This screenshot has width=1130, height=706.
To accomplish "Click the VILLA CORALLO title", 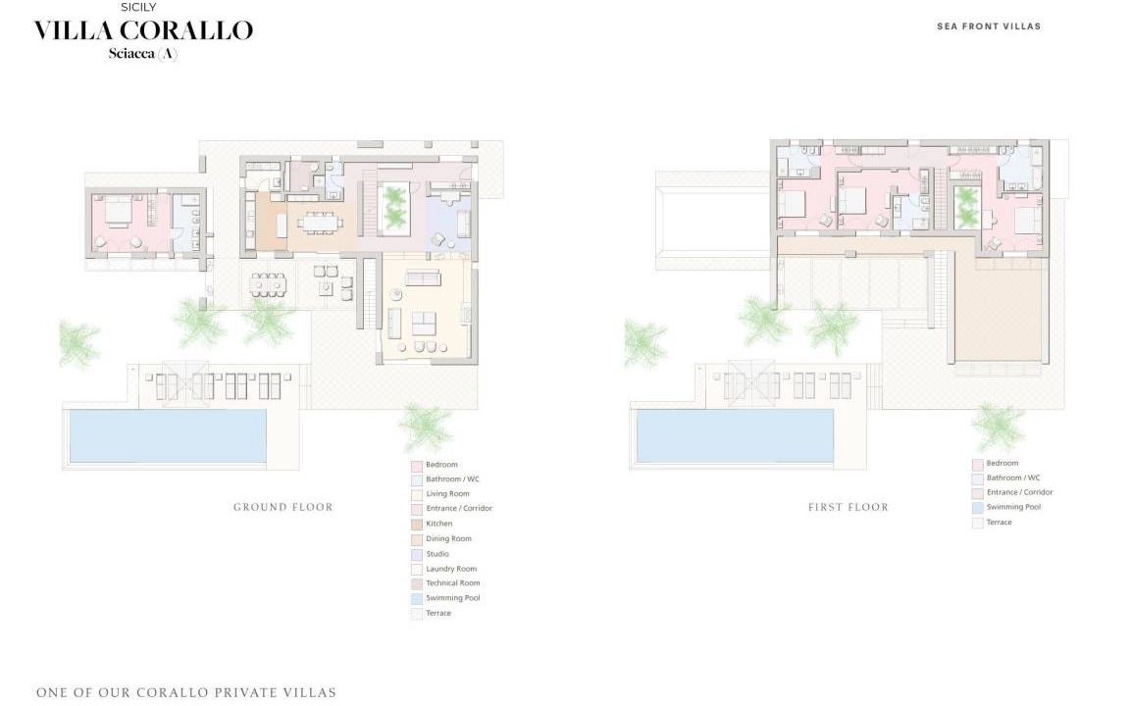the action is [144, 30].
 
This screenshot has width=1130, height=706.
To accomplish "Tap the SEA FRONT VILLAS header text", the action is [989, 25].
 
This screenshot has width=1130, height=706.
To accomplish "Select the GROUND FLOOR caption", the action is [283, 507].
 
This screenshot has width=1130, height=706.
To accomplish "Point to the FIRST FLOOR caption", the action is [848, 507].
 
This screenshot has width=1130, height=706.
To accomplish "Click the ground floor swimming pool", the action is [168, 435].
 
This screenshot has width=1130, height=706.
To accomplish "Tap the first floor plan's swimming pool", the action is [735, 435].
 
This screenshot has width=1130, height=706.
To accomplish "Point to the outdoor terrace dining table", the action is [268, 284].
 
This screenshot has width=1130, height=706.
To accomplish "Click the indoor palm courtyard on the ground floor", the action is [394, 208].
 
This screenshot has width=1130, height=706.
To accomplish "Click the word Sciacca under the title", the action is [131, 53].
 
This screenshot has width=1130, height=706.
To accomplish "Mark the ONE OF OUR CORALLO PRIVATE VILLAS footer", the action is [186, 693].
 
